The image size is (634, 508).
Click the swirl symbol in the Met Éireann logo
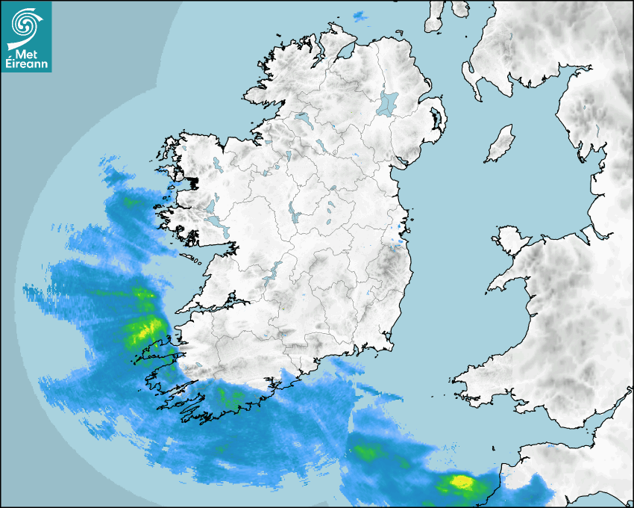tap(27, 24)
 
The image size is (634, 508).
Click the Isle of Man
tap(500, 143)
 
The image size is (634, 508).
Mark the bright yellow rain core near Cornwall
tap(461, 482)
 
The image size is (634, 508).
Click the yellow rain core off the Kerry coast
tap(144, 328)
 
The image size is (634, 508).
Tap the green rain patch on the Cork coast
tap(230, 396)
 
